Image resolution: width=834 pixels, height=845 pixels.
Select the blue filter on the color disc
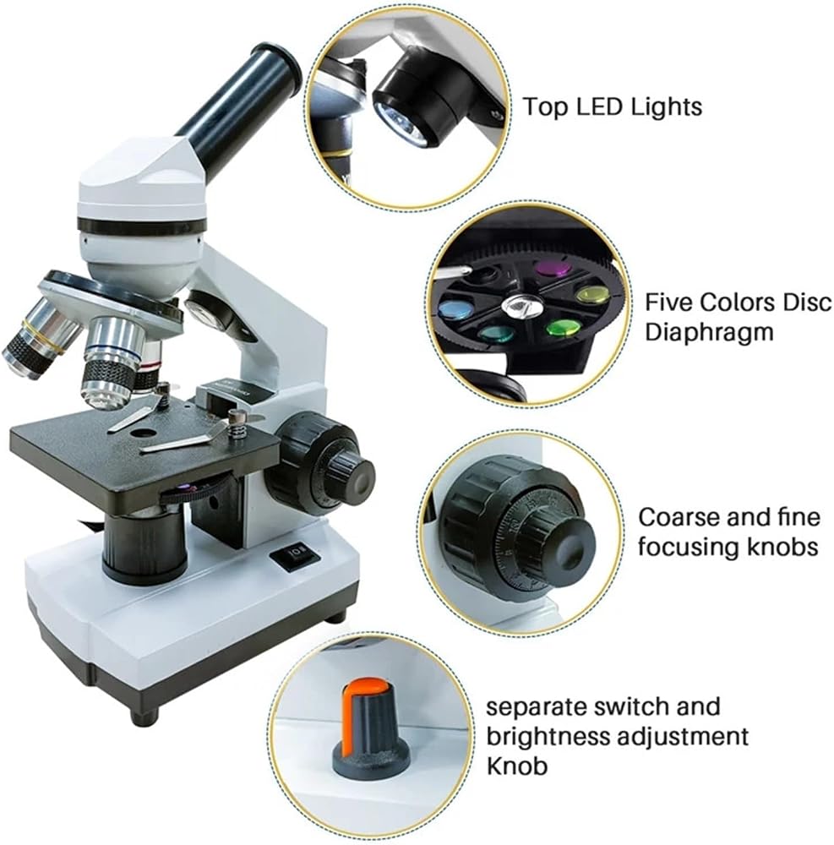[455, 308]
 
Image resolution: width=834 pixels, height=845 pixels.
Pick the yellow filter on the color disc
[594, 294]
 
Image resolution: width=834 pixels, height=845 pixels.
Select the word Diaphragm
[709, 332]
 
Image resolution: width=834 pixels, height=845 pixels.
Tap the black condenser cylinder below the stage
[144, 547]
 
